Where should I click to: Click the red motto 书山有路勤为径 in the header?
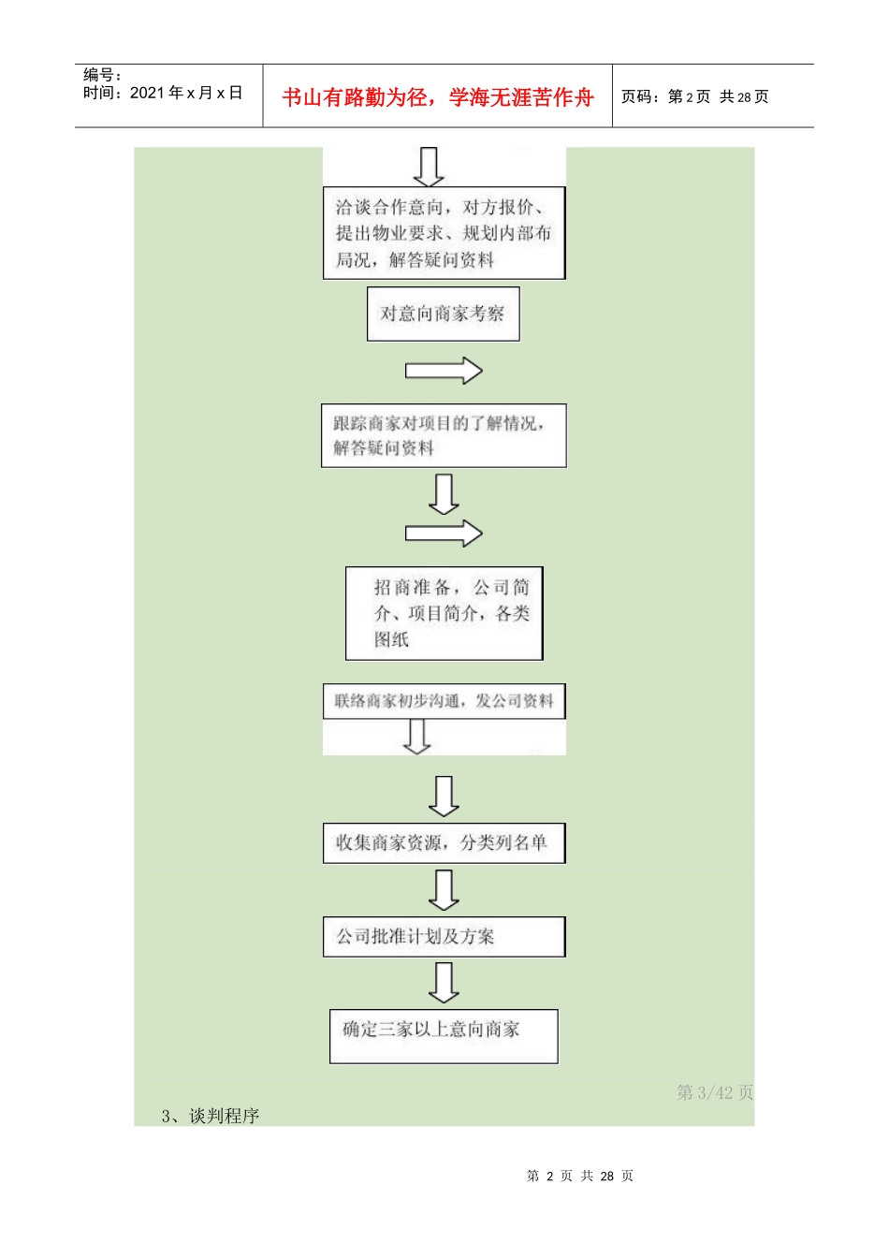pyautogui.click(x=437, y=97)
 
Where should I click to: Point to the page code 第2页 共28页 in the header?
pyautogui.click(x=694, y=97)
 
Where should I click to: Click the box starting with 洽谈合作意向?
pyautogui.click(x=444, y=233)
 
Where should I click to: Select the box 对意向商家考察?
pyautogui.click(x=443, y=314)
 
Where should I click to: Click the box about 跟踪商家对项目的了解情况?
pyautogui.click(x=444, y=435)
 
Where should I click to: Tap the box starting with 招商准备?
pyautogui.click(x=444, y=613)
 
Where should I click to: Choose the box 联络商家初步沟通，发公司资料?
pyautogui.click(x=444, y=701)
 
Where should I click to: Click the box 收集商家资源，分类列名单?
pyautogui.click(x=444, y=842)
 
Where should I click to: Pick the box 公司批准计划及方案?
pyautogui.click(x=444, y=936)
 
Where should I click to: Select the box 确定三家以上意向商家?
pyautogui.click(x=444, y=1035)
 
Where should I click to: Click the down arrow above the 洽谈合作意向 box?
pyautogui.click(x=429, y=167)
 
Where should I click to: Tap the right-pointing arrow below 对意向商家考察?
pyautogui.click(x=444, y=371)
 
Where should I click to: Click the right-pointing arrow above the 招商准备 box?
pyautogui.click(x=444, y=534)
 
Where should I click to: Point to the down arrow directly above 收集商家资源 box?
pyautogui.click(x=444, y=796)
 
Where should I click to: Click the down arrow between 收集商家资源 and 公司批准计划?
pyautogui.click(x=444, y=889)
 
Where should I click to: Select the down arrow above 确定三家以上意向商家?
pyautogui.click(x=444, y=982)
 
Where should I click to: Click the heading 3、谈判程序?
pyautogui.click(x=211, y=1116)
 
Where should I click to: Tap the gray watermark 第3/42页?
pyautogui.click(x=715, y=1092)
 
